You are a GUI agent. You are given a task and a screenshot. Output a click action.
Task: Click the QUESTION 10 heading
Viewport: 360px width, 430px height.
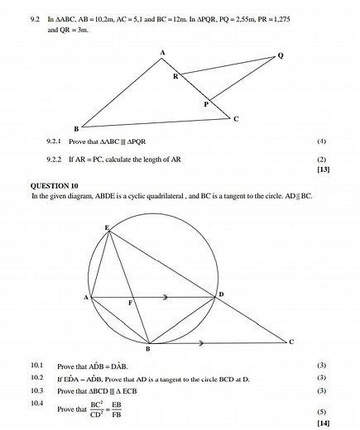pos(55,186)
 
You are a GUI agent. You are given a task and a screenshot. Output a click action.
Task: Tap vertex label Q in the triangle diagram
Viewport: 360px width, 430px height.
pos(281,55)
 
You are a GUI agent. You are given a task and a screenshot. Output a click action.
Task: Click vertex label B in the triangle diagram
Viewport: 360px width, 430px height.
pos(76,129)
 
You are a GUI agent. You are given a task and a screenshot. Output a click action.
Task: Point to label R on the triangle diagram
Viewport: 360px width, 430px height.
pos(175,76)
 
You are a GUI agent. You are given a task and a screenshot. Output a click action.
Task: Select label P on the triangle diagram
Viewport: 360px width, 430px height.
pos(206,105)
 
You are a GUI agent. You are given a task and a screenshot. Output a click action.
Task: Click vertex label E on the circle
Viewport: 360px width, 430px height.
pos(107,227)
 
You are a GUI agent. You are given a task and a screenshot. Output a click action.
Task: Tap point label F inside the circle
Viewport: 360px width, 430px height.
pos(130,303)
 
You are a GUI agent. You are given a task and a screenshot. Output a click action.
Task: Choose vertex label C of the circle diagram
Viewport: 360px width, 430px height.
pos(290,341)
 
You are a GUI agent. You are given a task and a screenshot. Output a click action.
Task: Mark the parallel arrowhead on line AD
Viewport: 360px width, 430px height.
pos(166,297)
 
